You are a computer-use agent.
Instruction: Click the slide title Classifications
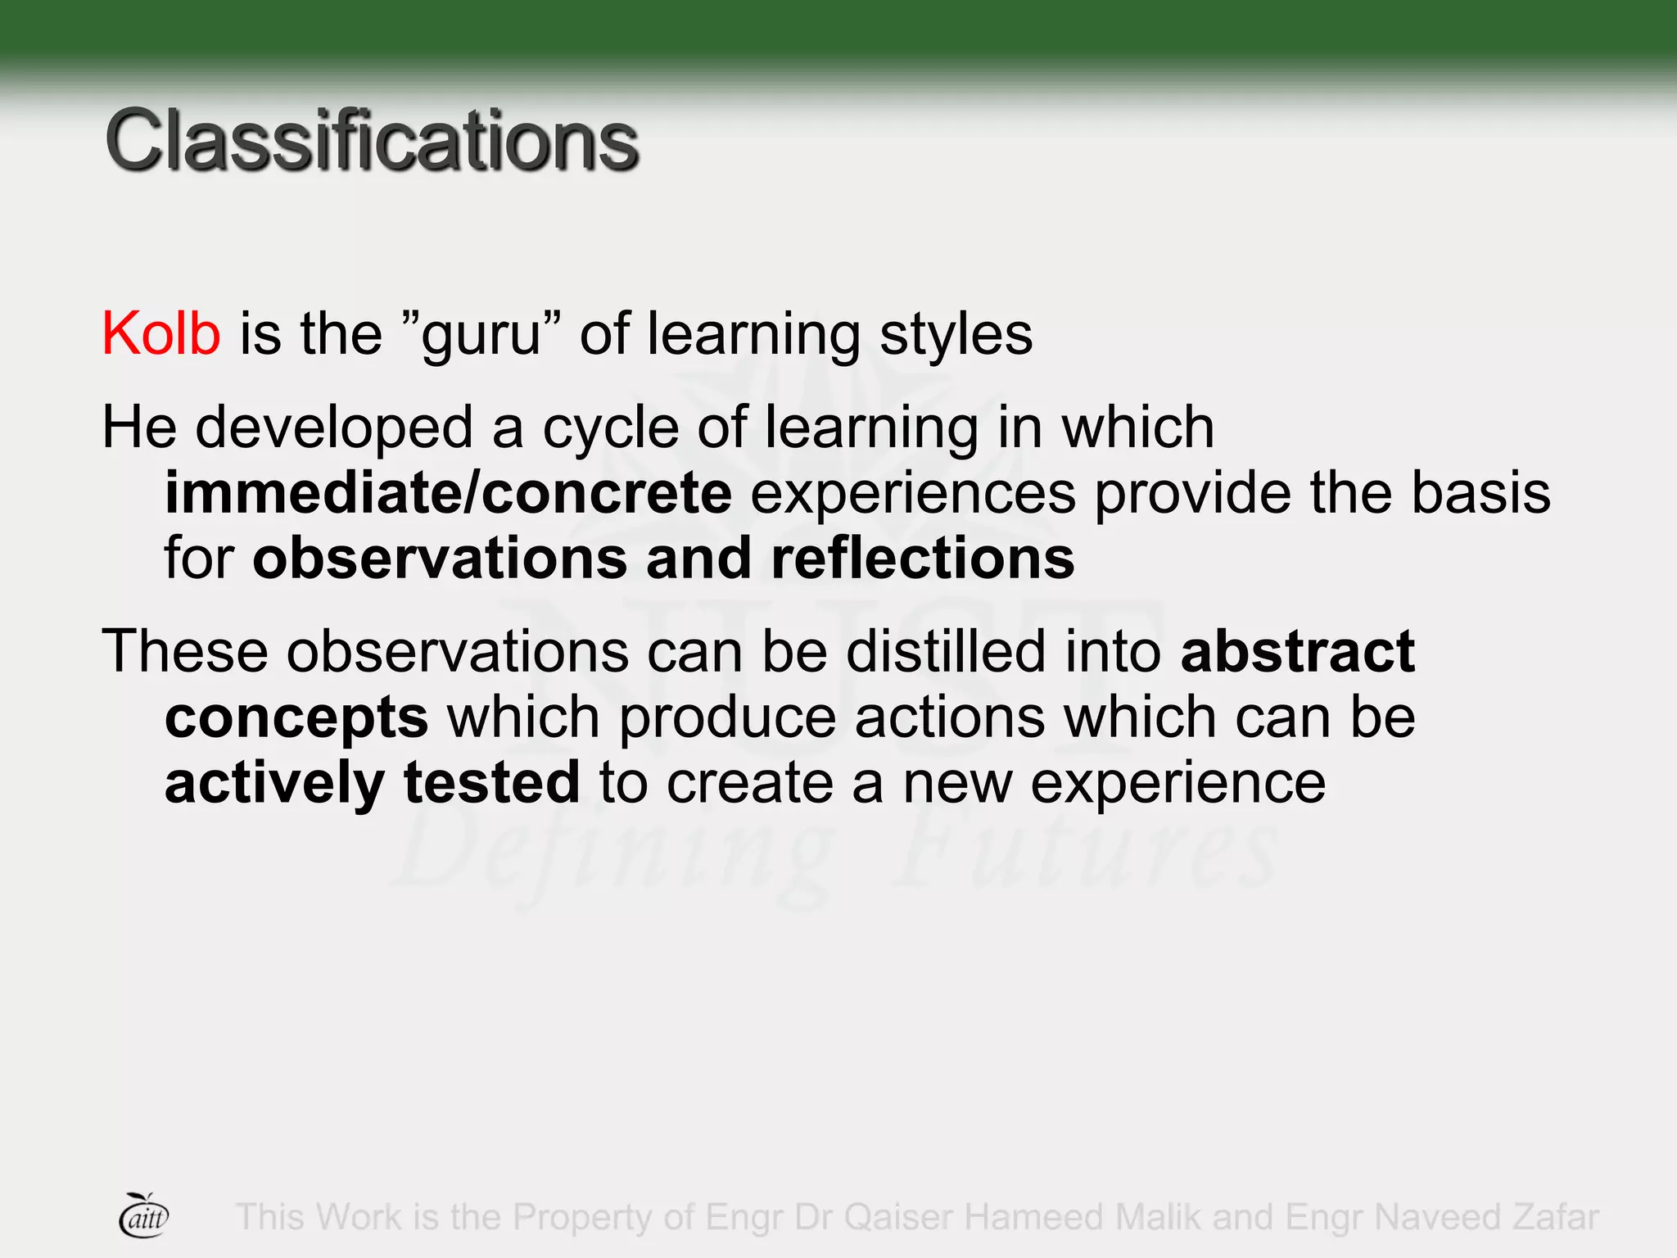pyautogui.click(x=371, y=141)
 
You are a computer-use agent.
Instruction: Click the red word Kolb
pyautogui.click(x=160, y=334)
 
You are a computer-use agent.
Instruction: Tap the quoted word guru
pyautogui.click(x=481, y=334)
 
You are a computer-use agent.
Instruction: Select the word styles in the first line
pyautogui.click(x=956, y=334)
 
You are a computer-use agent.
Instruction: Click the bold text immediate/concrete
pyautogui.click(x=448, y=493)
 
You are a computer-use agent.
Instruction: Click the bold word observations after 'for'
pyautogui.click(x=440, y=559)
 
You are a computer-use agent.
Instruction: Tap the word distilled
pyautogui.click(x=947, y=652)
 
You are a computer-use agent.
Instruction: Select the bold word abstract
pyautogui.click(x=1297, y=652)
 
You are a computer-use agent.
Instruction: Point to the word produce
pyautogui.click(x=727, y=717)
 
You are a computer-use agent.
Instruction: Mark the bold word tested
pyautogui.click(x=492, y=783)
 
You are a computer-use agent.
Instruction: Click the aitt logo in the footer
pyautogui.click(x=144, y=1216)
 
